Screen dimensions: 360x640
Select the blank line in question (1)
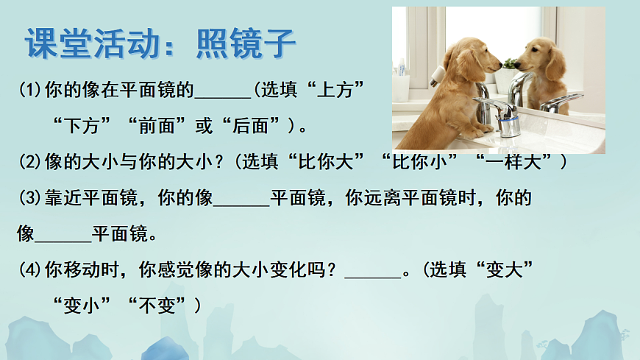click(224, 93)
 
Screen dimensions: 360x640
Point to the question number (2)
click(31, 161)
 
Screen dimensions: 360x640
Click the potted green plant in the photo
click(508, 66)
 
